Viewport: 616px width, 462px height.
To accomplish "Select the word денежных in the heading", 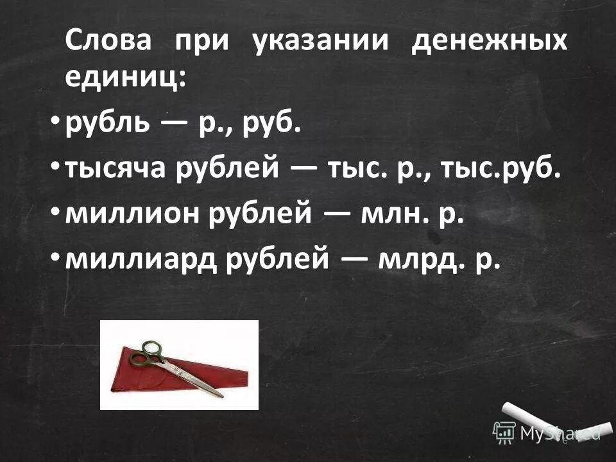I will (489, 42).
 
